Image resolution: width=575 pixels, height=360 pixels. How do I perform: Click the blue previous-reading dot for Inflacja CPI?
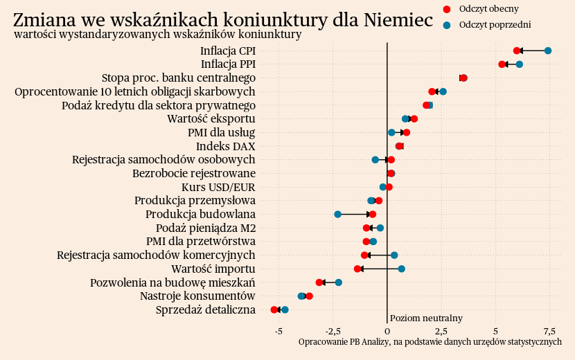pos(548,51)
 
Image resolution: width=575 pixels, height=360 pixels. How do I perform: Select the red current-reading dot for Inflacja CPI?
pos(517,51)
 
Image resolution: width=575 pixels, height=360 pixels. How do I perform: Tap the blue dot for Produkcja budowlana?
pos(338,215)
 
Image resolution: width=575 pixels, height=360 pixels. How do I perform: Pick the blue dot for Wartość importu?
pos(401,269)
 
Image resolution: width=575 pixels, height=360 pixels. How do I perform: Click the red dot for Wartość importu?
pos(357,269)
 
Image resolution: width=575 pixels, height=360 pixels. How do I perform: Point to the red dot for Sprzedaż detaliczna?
pos(274,310)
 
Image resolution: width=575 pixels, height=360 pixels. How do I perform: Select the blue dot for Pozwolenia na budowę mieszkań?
pos(339,282)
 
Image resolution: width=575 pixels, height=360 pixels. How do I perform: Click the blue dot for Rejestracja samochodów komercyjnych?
pos(394,255)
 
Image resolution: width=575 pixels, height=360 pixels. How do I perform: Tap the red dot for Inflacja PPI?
pos(502,64)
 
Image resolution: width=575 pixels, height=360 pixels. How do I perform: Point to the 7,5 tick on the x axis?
pos(549,331)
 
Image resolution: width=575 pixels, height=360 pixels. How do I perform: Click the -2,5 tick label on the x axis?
pos(333,331)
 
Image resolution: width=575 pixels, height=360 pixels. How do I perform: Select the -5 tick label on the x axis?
pos(278,331)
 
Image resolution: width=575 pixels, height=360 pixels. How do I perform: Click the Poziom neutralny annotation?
pos(426,318)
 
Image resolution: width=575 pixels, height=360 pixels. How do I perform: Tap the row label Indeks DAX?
pos(225,146)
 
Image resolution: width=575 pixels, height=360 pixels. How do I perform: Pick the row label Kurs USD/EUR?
pos(218,187)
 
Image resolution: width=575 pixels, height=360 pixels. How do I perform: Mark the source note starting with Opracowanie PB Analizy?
pos(430,342)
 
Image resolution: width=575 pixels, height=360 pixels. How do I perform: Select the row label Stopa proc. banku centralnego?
pos(179,78)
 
